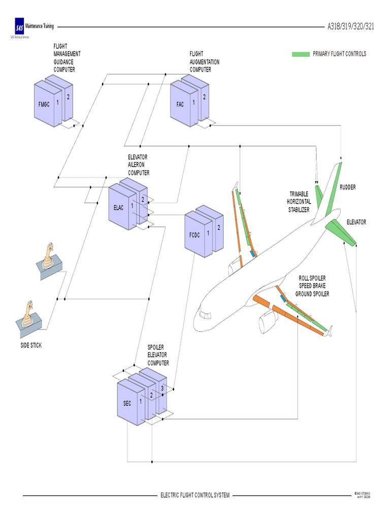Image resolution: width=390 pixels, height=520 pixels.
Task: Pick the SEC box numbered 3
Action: [161, 388]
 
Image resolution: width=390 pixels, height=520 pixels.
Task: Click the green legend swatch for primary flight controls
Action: [301, 54]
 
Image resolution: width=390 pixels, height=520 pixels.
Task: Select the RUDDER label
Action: [348, 187]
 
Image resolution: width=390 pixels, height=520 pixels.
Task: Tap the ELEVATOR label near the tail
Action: [356, 222]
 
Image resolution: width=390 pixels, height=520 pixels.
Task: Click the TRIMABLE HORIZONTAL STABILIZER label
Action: [299, 202]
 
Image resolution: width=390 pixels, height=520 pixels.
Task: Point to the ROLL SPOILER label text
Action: [312, 278]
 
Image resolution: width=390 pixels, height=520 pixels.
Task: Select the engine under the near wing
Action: [268, 320]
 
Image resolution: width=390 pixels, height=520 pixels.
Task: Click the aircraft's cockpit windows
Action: [205, 315]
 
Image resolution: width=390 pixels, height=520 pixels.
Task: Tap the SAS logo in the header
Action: [19, 27]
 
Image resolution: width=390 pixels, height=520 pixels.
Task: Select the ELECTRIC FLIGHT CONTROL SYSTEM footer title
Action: [195, 495]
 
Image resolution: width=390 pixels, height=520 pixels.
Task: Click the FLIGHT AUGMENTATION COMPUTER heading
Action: [205, 61]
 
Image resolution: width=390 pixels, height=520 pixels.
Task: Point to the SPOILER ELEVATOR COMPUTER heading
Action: [158, 354]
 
